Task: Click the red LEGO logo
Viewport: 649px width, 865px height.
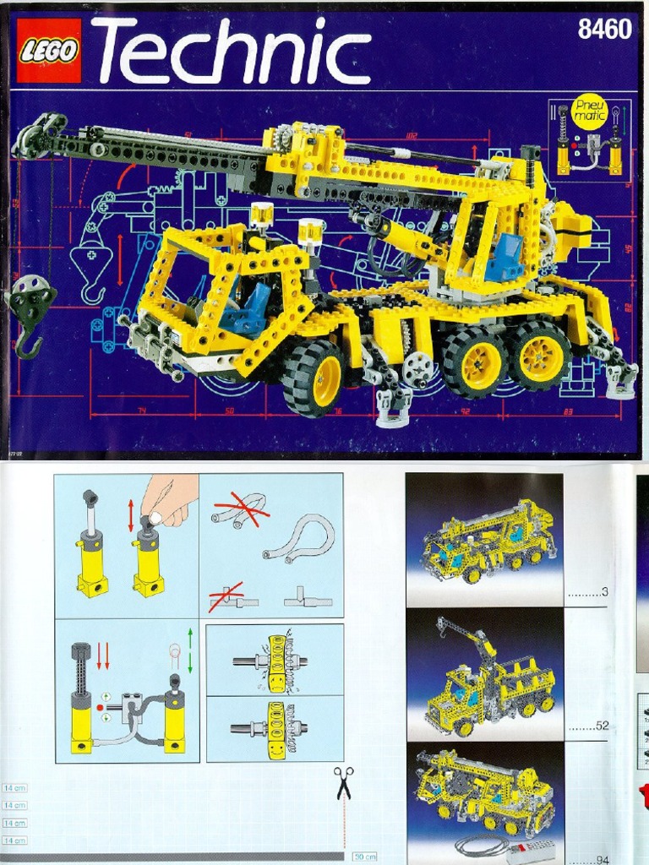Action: pos(49,51)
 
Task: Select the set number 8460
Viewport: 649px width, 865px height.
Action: pos(604,30)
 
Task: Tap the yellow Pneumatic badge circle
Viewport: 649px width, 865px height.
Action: pos(590,111)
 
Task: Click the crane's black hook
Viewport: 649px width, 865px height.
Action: pos(28,342)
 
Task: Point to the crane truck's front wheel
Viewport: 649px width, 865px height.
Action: pos(313,378)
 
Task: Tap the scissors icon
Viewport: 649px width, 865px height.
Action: pos(343,782)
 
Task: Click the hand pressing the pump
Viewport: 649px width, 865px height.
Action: pos(169,498)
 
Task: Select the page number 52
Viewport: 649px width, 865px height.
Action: pos(602,726)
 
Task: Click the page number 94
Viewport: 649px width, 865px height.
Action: pos(602,860)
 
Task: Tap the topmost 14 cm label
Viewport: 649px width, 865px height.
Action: pos(14,787)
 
